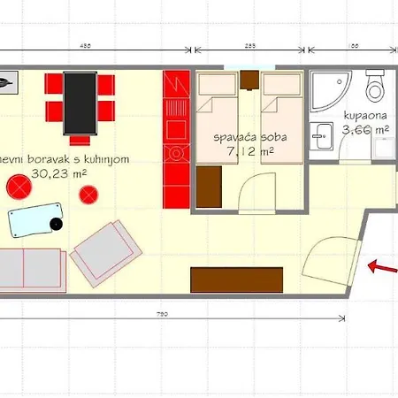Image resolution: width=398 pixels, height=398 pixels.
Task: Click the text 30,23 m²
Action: tap(54, 173)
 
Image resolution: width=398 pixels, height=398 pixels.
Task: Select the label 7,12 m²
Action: tap(249, 152)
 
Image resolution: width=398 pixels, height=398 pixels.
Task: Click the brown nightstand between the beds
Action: tap(249, 81)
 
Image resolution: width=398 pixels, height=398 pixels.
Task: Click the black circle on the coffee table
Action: tap(56, 223)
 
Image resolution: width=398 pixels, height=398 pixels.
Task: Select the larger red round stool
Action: tap(18, 187)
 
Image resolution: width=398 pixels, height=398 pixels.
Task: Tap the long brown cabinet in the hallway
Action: tap(236, 280)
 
